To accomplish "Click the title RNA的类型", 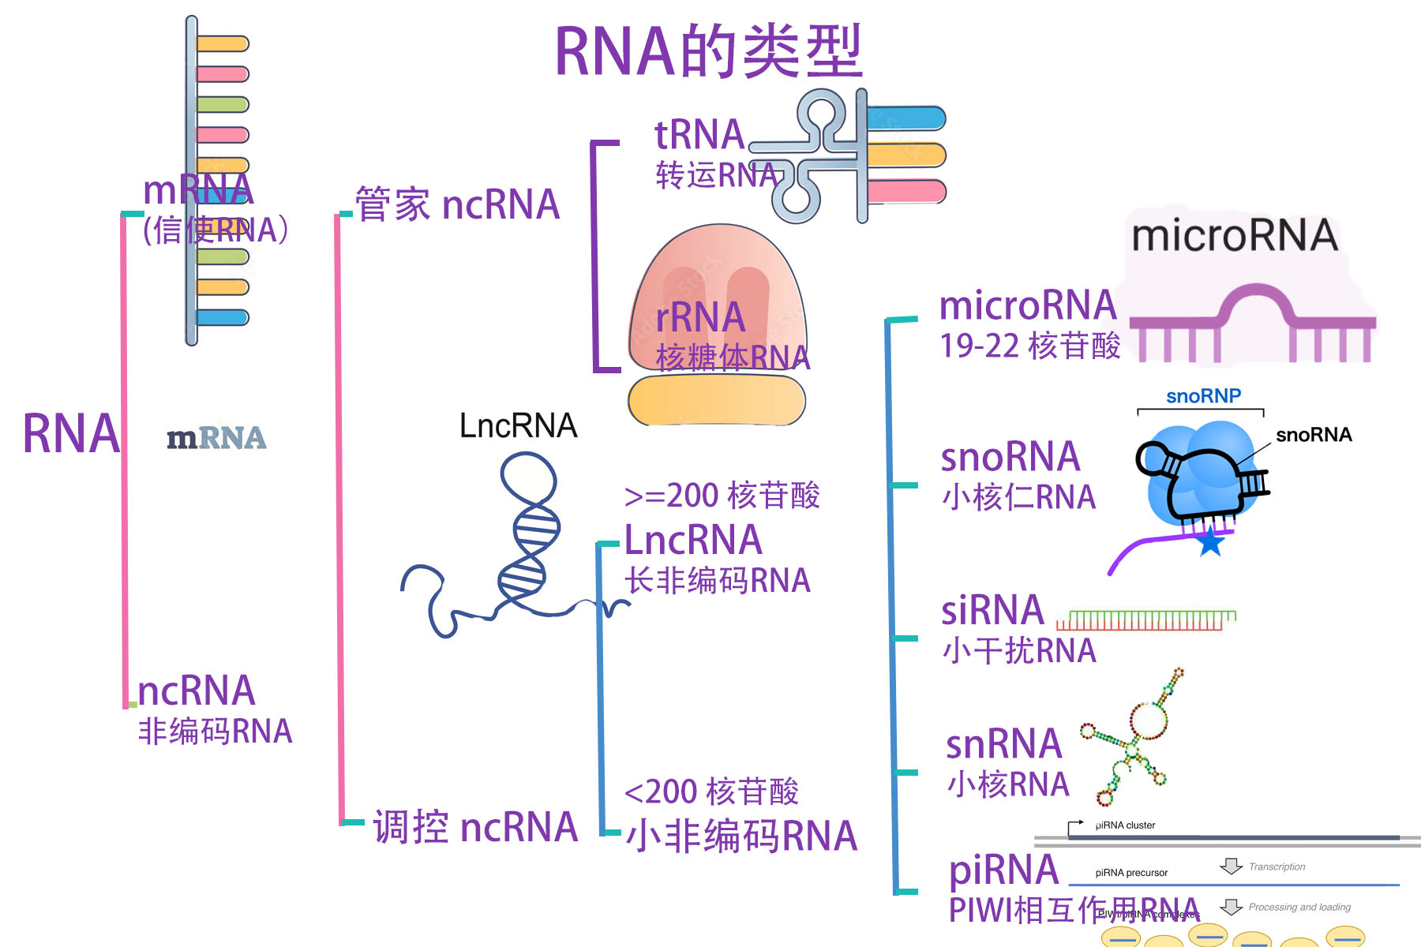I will pyautogui.click(x=708, y=52).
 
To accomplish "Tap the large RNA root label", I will pyautogui.click(x=71, y=434).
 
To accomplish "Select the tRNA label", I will pyautogui.click(x=699, y=135).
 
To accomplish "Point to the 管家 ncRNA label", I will pyautogui.click(x=457, y=205).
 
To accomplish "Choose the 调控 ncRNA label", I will pyautogui.click(x=475, y=828).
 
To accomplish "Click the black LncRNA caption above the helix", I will pyautogui.click(x=518, y=426).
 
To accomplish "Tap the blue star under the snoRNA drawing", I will pyautogui.click(x=1210, y=542).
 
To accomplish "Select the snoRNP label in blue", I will pyautogui.click(x=1203, y=396).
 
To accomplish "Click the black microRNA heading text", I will pyautogui.click(x=1234, y=236).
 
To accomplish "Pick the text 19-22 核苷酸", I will pyautogui.click(x=1029, y=346).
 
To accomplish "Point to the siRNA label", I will pyautogui.click(x=992, y=611).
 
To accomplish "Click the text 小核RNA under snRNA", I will pyautogui.click(x=1007, y=784).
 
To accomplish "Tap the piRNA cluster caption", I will pyautogui.click(x=1125, y=825).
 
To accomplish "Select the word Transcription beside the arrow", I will pyautogui.click(x=1277, y=867).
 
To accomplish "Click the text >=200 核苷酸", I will pyautogui.click(x=722, y=496).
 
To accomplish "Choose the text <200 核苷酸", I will pyautogui.click(x=711, y=792).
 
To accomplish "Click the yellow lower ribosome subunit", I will pyautogui.click(x=716, y=400).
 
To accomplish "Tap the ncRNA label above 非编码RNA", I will pyautogui.click(x=197, y=691).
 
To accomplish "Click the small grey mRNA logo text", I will pyautogui.click(x=216, y=438).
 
